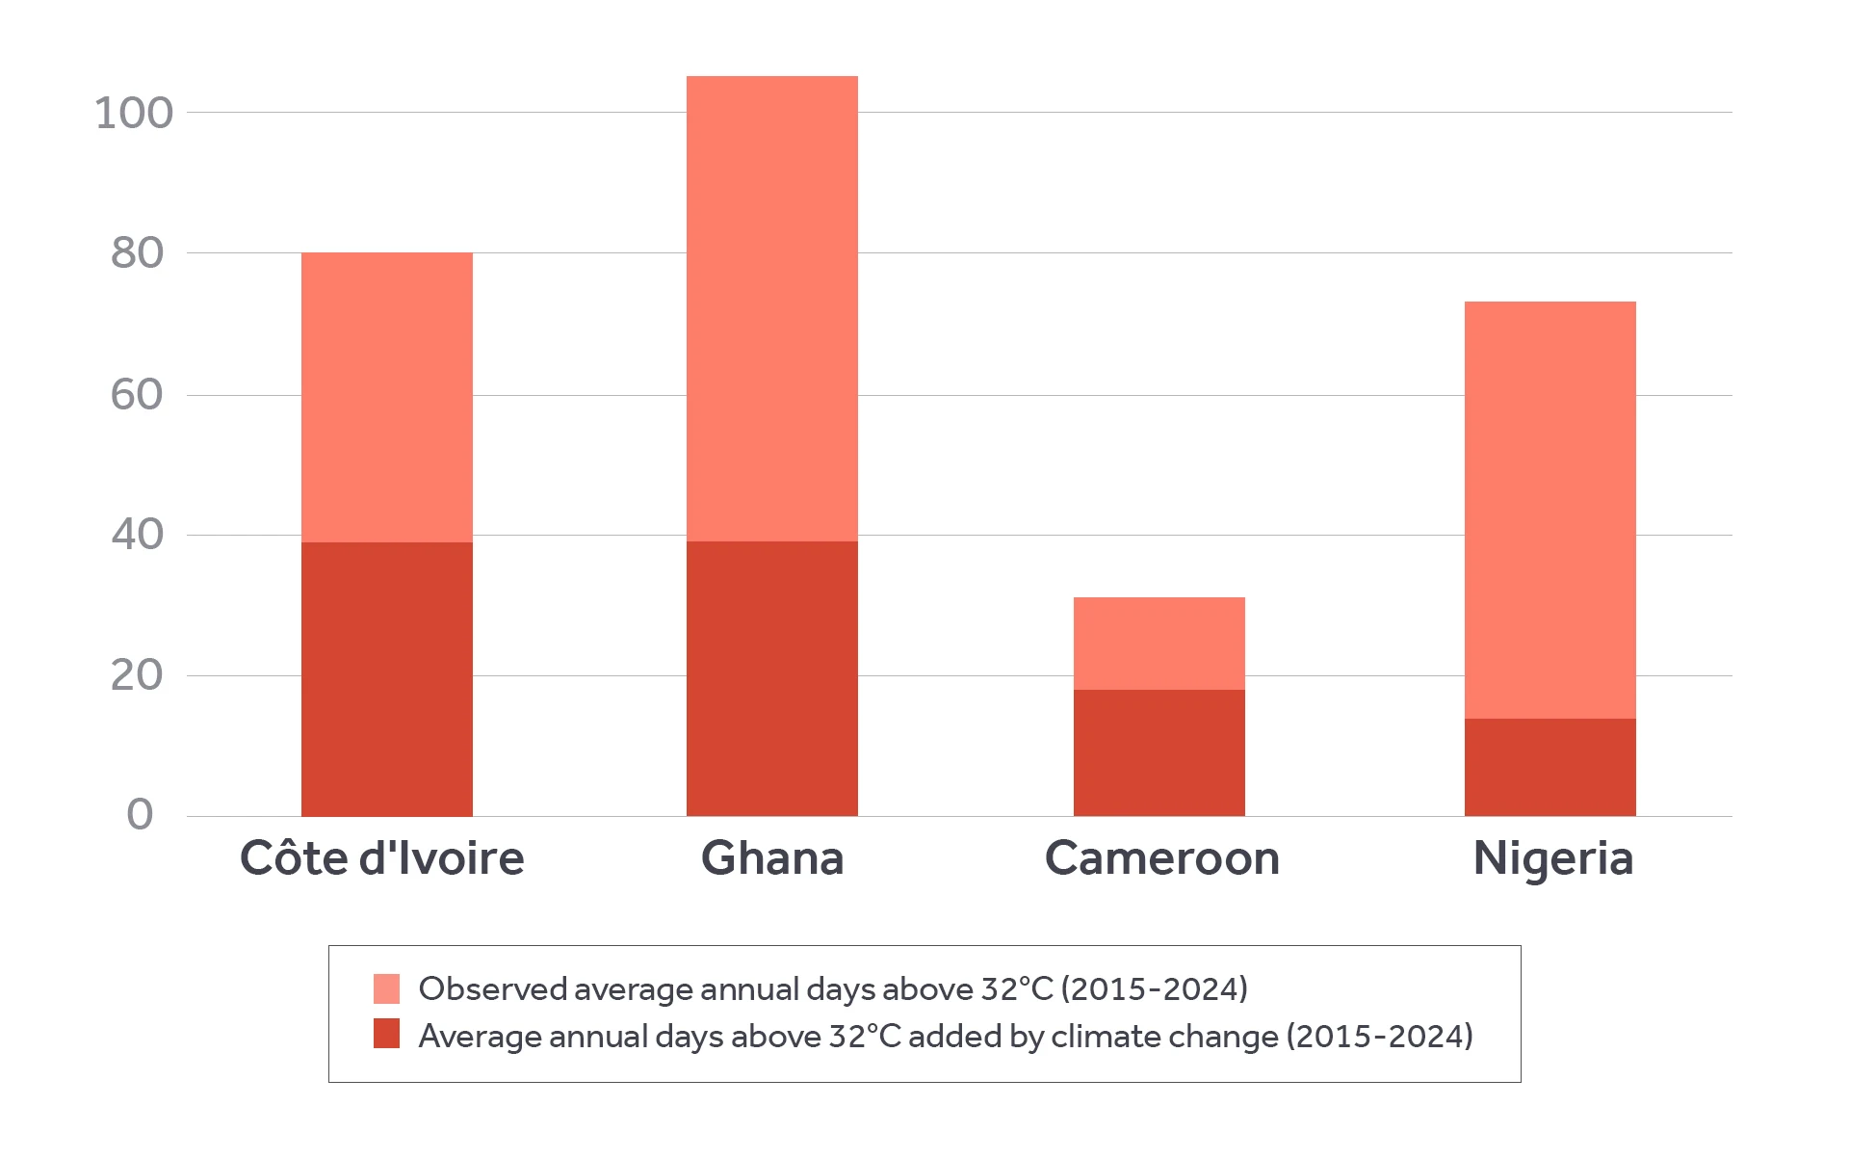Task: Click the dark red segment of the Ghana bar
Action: pos(771,678)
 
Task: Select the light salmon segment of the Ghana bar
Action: pos(771,308)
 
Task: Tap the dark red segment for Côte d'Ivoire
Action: pos(386,678)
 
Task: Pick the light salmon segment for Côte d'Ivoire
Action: pos(386,397)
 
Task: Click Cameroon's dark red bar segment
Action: pos(1159,752)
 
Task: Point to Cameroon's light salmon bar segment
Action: pos(1159,643)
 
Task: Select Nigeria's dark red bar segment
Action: pos(1550,767)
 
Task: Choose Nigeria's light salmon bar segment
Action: pos(1550,510)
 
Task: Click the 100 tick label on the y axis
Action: pos(134,114)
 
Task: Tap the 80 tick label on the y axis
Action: pos(137,253)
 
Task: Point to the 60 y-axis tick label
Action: pos(137,395)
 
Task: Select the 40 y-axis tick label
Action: pos(137,535)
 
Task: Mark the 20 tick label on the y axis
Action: pos(137,675)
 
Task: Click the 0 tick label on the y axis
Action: pos(140,815)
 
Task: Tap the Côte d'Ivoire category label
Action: pos(382,858)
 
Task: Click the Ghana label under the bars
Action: pos(772,858)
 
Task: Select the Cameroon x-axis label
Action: pos(1161,858)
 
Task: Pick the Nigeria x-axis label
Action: pos(1552,858)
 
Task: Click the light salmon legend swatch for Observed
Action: pos(386,988)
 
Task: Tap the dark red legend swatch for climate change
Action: pos(386,1034)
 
